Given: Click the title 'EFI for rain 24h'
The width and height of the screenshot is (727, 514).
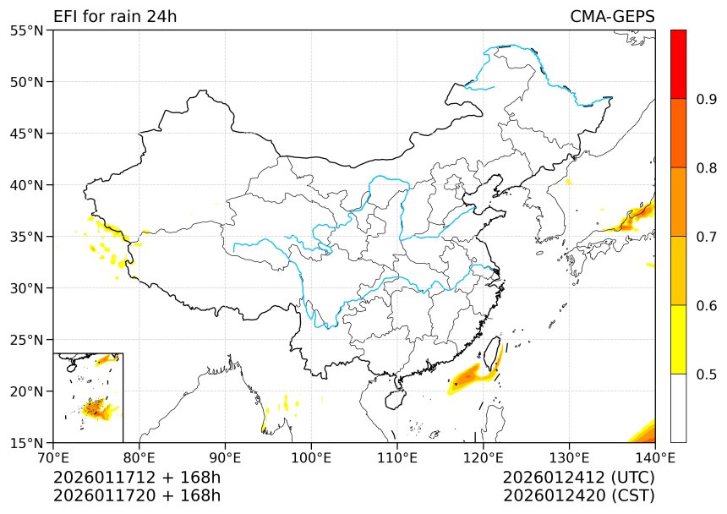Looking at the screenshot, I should pos(115,17).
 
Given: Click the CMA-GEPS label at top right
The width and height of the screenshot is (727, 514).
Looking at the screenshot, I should pos(612,17).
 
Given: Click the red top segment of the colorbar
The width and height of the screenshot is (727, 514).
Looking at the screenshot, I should pos(678,64).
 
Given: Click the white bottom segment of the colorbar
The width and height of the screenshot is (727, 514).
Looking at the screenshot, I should pos(678,407).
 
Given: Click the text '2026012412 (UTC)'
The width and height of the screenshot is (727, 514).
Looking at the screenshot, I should pos(578,478).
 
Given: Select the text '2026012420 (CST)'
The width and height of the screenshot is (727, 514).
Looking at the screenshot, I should pos(578,495).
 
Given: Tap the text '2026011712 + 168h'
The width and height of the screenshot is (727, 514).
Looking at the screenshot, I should pos(137,478).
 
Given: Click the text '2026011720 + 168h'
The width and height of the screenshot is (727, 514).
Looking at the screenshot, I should pos(137,495).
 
